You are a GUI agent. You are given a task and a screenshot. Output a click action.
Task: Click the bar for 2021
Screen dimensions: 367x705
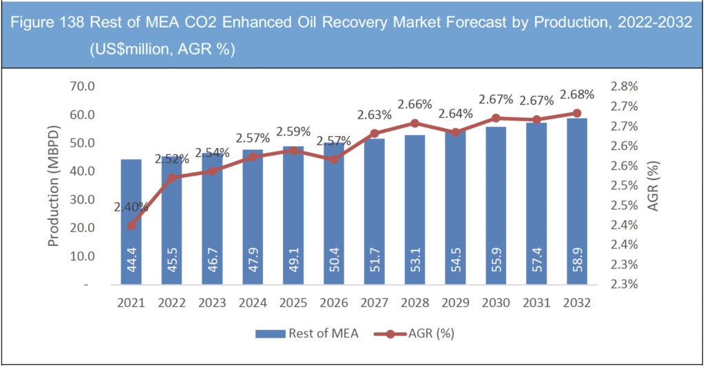pyautogui.click(x=131, y=221)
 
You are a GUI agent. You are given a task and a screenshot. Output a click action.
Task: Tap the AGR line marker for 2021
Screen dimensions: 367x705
pyautogui.click(x=131, y=225)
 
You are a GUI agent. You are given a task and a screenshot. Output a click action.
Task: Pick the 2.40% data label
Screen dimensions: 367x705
pyautogui.click(x=132, y=205)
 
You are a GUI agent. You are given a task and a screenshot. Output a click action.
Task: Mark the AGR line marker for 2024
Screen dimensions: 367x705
pyautogui.click(x=253, y=157)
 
